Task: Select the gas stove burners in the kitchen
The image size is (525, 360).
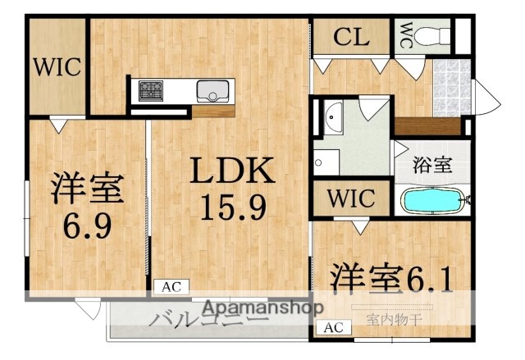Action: tap(151, 89)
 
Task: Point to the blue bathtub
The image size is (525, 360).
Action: tap(432, 199)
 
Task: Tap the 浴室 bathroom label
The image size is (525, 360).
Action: tap(431, 163)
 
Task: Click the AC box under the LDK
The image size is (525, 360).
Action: tap(171, 287)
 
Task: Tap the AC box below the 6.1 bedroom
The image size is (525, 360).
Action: tap(333, 328)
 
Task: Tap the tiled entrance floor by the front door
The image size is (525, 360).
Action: tap(450, 87)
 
